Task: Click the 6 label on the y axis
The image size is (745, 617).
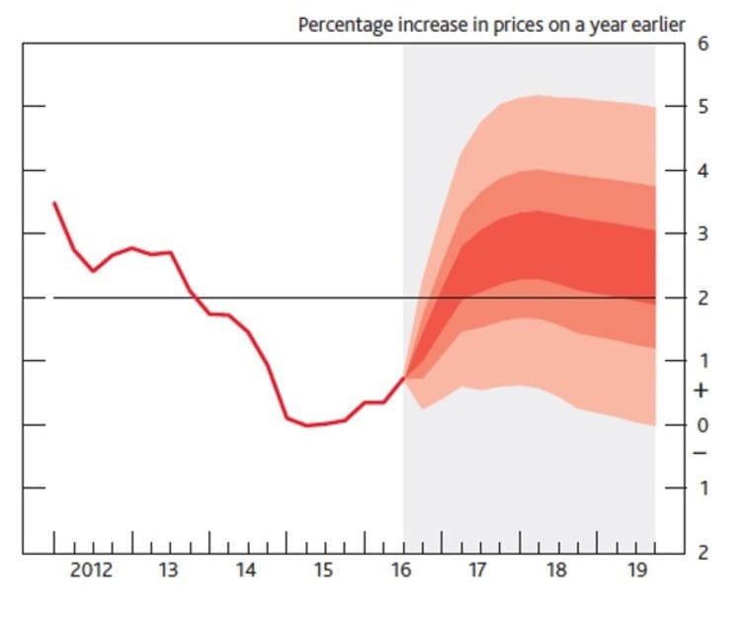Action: [703, 44]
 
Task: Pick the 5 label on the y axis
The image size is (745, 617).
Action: [703, 107]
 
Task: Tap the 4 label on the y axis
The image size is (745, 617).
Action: [703, 170]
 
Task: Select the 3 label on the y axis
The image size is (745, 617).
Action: [703, 234]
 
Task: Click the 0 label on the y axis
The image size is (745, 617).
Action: [703, 425]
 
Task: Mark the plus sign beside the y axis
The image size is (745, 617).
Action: [703, 392]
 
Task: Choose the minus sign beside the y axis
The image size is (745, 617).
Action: [703, 454]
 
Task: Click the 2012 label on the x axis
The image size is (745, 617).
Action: [91, 571]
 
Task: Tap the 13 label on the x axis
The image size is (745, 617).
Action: [168, 571]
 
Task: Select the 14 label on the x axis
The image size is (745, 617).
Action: [246, 571]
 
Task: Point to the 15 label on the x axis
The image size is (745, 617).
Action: [324, 571]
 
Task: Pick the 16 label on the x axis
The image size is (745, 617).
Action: [402, 571]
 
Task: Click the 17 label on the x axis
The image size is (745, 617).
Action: [479, 571]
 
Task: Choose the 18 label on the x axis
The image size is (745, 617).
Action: [557, 571]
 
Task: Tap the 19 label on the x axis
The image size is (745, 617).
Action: [635, 571]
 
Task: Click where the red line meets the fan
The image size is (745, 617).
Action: [404, 376]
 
